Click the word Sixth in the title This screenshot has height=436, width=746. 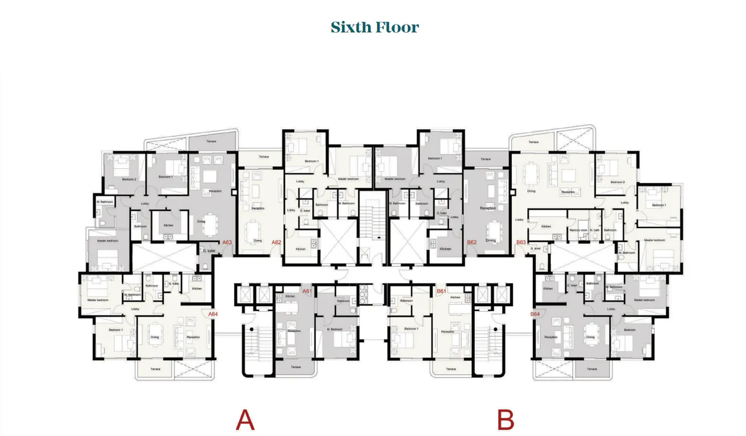tap(351, 27)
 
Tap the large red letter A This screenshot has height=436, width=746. tap(245, 421)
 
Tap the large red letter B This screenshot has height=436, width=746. tap(505, 421)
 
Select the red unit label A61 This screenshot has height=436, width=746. tap(308, 291)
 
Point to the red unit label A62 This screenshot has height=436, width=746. tap(276, 243)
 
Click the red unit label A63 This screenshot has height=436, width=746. tap(227, 243)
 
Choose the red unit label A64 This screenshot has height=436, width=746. tap(213, 314)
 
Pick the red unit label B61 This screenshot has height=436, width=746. tap(441, 291)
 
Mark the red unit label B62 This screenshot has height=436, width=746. tap(471, 243)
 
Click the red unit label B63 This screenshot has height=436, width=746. tap(521, 243)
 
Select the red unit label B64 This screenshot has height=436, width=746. tap(535, 314)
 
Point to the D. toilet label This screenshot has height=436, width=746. tap(209, 251)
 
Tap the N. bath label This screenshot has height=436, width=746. tap(595, 230)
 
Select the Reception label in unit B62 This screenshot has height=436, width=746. tap(488, 208)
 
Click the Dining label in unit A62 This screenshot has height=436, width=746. tap(258, 240)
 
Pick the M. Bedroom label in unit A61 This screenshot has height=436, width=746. tap(335, 329)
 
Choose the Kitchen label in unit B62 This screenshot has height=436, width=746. tap(445, 249)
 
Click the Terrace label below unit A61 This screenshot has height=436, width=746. tap(296, 367)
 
